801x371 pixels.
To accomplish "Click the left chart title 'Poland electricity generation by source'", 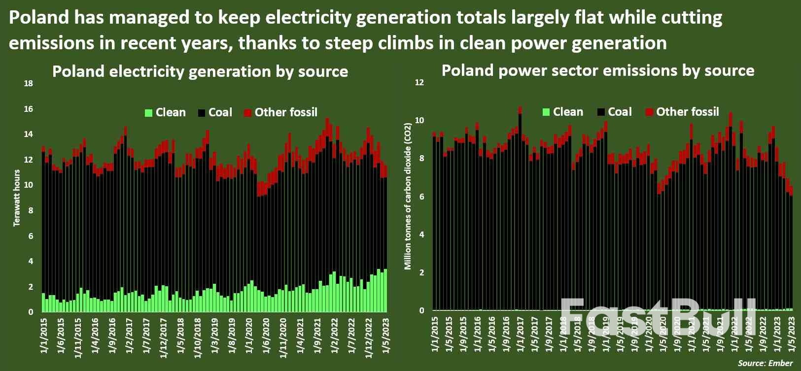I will [x=200, y=72].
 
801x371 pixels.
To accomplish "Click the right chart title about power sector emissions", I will [x=597, y=71].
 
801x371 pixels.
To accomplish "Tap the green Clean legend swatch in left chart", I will [x=148, y=113].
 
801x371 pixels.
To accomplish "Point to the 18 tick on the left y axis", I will [x=29, y=84].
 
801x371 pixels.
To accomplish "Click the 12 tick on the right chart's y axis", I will [x=419, y=83].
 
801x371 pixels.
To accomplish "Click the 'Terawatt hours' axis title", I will [x=17, y=198].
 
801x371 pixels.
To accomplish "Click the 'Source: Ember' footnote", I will [x=765, y=363].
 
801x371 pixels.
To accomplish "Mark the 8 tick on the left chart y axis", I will [x=31, y=211].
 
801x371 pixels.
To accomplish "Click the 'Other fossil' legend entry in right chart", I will [x=687, y=112].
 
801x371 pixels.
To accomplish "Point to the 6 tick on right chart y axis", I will [x=421, y=197].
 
